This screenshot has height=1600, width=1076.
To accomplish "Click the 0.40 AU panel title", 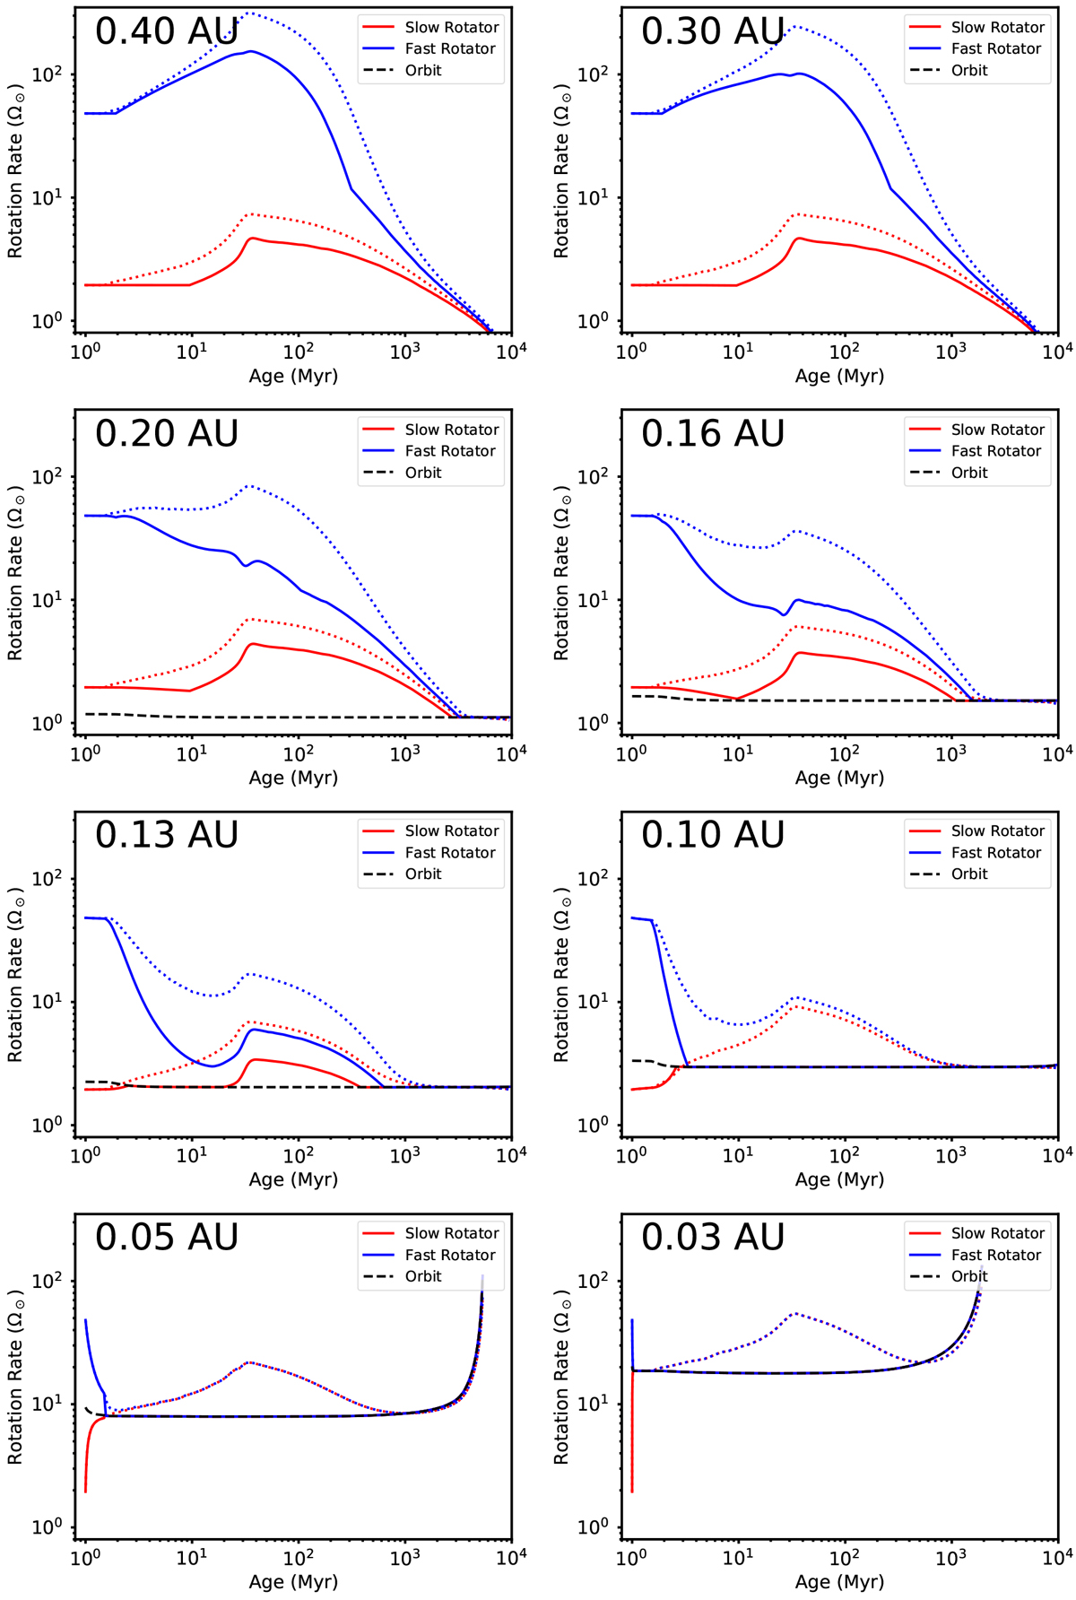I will tap(167, 31).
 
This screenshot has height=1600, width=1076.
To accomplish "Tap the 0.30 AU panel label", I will tap(713, 31).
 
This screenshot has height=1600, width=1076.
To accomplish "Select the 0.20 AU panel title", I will tap(167, 434).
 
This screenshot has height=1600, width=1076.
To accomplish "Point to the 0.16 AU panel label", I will tap(713, 434).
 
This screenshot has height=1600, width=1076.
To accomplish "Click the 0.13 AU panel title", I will tap(167, 835).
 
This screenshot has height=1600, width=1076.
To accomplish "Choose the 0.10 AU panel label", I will tap(713, 835).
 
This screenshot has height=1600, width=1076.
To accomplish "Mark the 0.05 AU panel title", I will tap(167, 1238).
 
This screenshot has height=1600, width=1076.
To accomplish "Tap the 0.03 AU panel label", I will tap(713, 1238).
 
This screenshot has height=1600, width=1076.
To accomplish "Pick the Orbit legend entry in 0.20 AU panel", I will tap(422, 473).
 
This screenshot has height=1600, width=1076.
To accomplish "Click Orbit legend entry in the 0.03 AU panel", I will tap(968, 1276).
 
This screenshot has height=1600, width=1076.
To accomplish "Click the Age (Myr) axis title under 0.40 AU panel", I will tap(293, 376).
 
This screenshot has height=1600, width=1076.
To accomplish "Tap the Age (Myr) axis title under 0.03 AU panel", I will tap(839, 1582).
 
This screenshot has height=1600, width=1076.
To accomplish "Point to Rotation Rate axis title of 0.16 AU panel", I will tap(561, 573).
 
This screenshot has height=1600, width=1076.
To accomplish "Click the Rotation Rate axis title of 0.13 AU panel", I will tap(15, 975).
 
